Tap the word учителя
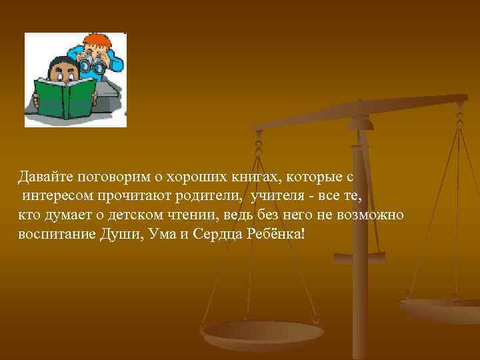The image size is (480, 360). click(x=276, y=197)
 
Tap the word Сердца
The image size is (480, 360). click(x=223, y=236)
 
